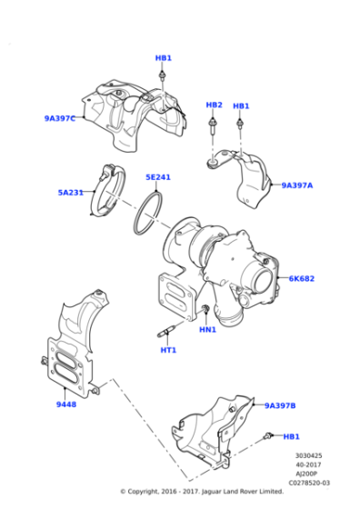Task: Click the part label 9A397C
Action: coord(60,118)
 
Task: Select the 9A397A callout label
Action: coord(297,185)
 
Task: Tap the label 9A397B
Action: coord(280,405)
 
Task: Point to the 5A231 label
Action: coord(71,193)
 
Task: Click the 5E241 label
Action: coord(158,177)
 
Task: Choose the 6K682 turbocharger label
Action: coord(302,278)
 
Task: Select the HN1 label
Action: coord(208,330)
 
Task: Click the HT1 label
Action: coord(168,350)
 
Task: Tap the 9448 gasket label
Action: coord(66,404)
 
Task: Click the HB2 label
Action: coord(215,105)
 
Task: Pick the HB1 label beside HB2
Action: coord(241,106)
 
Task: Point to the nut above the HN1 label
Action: coord(205,309)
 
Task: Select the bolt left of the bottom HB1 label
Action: coord(268,435)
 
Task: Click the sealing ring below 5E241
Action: coord(148,213)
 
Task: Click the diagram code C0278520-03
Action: coord(309,483)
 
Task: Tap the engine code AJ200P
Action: coord(306,474)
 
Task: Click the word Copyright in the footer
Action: coord(142,492)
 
